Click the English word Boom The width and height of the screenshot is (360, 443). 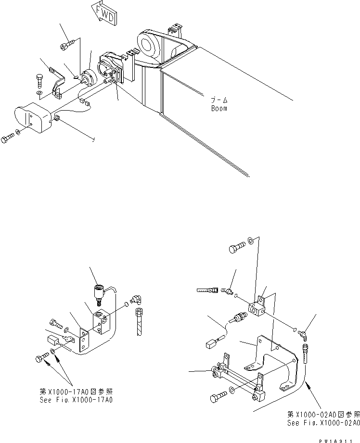tap(219, 108)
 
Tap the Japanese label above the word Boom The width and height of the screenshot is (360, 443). tap(219, 101)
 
